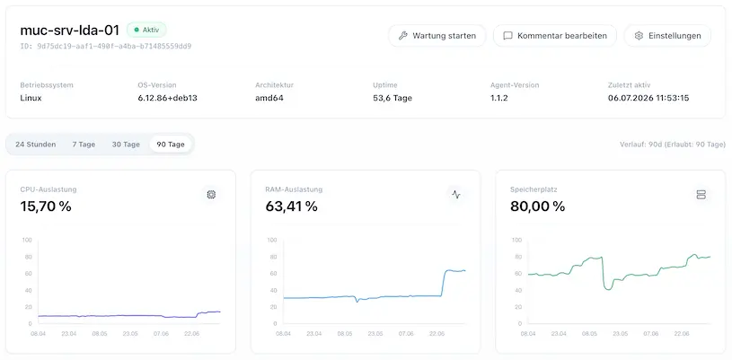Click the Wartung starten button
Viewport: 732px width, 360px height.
(x=437, y=36)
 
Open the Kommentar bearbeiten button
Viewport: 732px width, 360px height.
(x=554, y=36)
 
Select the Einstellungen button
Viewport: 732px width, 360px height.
(x=667, y=36)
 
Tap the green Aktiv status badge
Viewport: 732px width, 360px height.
(x=146, y=30)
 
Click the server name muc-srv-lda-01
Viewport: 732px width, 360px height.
(x=69, y=31)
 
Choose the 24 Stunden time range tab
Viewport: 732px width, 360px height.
(x=36, y=145)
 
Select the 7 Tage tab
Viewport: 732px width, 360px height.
(x=84, y=145)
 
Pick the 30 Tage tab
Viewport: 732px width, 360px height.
(x=126, y=145)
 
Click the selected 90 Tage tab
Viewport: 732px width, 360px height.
(x=171, y=145)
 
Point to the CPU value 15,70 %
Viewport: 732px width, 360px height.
(x=46, y=206)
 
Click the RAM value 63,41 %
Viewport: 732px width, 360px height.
(x=291, y=206)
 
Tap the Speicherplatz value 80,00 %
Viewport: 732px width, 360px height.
(x=537, y=206)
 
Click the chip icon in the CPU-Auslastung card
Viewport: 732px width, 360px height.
(x=211, y=195)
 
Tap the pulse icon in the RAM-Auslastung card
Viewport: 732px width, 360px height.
(x=456, y=195)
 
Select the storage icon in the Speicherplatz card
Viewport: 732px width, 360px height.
(x=701, y=195)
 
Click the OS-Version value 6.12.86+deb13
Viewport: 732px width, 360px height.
(x=167, y=98)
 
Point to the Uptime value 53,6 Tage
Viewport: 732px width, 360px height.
(x=392, y=98)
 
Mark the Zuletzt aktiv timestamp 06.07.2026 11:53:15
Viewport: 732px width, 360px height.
(x=648, y=98)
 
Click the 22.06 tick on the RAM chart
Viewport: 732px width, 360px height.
(x=437, y=334)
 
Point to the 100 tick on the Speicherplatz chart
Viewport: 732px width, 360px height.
(x=517, y=240)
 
